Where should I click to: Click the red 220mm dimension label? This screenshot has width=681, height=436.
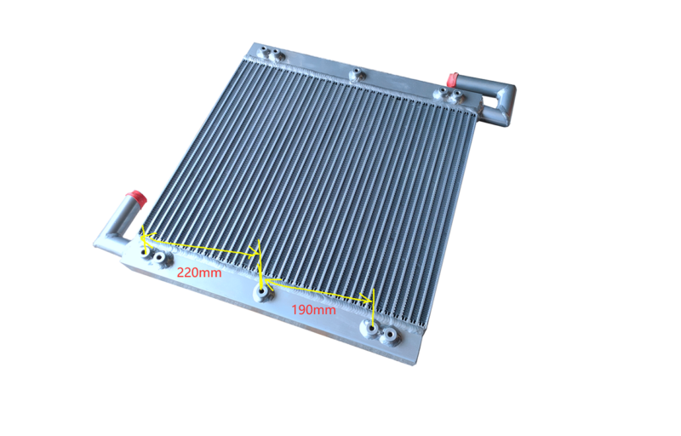(x=199, y=272)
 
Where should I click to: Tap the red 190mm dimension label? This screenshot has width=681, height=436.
(x=313, y=310)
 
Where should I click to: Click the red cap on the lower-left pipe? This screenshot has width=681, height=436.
(x=138, y=198)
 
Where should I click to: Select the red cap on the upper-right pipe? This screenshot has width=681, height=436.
(x=453, y=79)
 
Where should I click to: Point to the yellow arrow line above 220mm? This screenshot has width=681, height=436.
(x=201, y=245)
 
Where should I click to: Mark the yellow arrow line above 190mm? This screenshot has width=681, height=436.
(x=318, y=291)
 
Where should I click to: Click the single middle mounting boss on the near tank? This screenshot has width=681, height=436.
(x=263, y=294)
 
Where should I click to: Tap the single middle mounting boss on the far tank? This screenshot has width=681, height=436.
(x=356, y=75)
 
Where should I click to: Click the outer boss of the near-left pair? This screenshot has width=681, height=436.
(x=145, y=253)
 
